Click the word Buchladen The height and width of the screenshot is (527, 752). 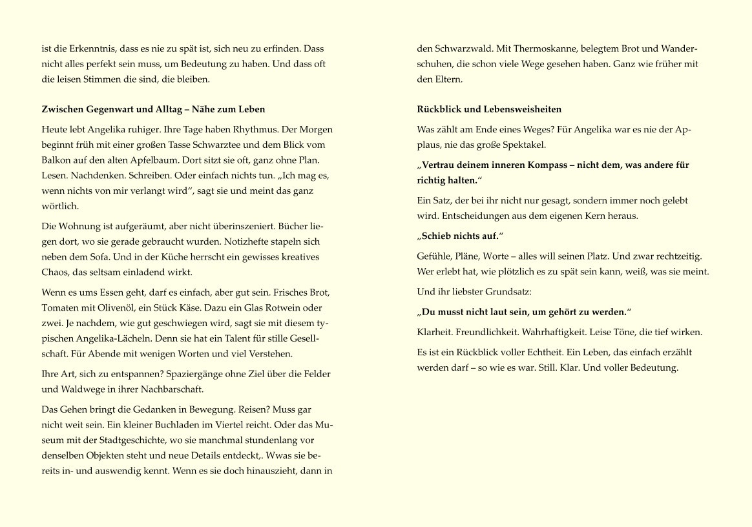(x=154, y=424)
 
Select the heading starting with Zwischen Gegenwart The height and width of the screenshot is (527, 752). (x=153, y=109)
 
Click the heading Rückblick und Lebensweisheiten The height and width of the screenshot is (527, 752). (x=489, y=109)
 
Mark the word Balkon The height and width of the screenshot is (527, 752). (x=55, y=160)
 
